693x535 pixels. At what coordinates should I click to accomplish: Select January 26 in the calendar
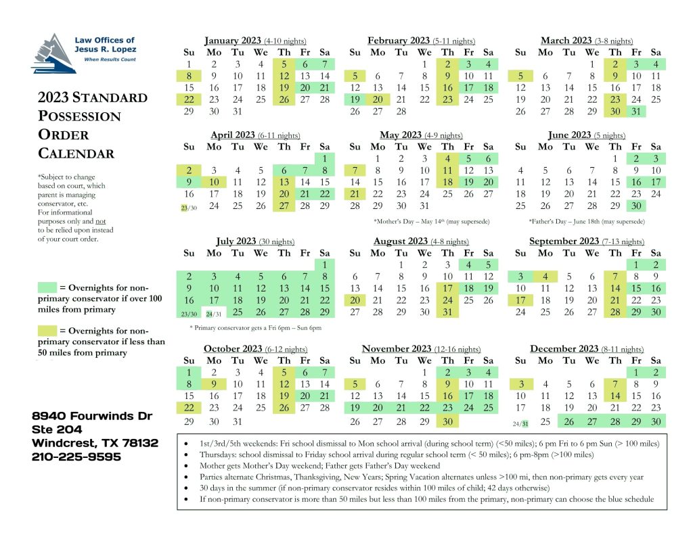pos(284,99)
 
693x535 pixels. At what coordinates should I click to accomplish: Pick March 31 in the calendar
pos(635,112)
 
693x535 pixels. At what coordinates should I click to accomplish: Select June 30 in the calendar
pos(635,206)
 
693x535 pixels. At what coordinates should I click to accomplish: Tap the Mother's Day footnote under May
pos(431,221)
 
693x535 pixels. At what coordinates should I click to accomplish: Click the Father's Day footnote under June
pos(587,221)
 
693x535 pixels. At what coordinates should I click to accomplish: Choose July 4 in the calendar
pos(237,276)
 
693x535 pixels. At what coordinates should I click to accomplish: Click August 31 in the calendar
pos(447,312)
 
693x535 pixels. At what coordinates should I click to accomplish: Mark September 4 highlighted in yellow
pos(543,276)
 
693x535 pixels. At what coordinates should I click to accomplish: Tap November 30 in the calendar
pos(447,421)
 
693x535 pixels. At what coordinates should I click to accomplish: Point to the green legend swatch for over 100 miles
pos(47,288)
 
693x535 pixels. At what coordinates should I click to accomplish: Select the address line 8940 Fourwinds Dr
pos(92,415)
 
